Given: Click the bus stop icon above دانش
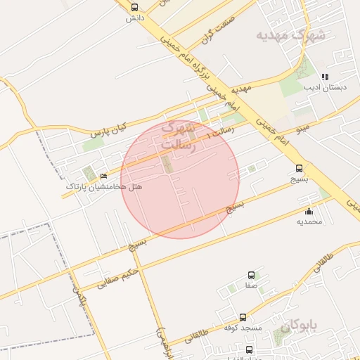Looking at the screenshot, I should click(x=135, y=7).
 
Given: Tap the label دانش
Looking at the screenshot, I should click(x=135, y=18).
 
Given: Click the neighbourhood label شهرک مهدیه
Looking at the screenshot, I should click(x=290, y=34).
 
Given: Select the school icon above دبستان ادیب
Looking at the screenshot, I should click(x=324, y=77).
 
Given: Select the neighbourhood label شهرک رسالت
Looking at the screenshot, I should click(x=177, y=136).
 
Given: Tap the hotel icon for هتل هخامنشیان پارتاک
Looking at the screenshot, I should click(x=104, y=176).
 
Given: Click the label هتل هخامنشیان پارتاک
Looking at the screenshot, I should click(x=104, y=187).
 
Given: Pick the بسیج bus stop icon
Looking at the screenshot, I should click(x=300, y=168).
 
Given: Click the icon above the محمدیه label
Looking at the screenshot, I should click(x=309, y=211).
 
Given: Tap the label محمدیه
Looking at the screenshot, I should click(x=309, y=221).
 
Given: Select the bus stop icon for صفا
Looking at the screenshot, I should click(x=251, y=275).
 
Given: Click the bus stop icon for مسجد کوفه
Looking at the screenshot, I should click(x=243, y=317).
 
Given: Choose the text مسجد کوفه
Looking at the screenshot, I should click(x=243, y=328).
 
